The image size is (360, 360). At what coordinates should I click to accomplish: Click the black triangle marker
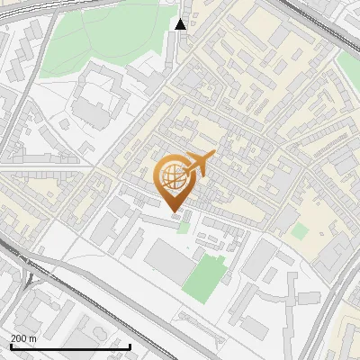point(181,24)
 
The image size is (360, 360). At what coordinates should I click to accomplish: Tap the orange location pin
point(175,180)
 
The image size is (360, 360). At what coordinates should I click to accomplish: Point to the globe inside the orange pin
point(174,176)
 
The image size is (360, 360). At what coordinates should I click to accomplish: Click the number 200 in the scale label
point(19,338)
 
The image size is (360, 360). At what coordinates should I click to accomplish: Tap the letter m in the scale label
point(34,338)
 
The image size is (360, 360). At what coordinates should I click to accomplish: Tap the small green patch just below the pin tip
point(184,225)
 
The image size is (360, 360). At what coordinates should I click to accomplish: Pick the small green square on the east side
point(300,230)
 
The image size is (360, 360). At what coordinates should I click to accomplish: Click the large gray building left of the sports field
point(166,262)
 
